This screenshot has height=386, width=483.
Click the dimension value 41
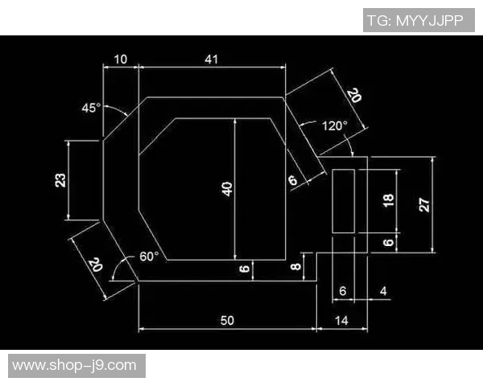(211, 59)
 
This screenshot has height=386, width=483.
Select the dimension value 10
(121, 59)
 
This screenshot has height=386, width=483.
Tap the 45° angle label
(91, 108)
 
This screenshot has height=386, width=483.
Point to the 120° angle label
(335, 126)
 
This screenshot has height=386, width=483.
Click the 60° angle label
(149, 257)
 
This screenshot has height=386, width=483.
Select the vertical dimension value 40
(227, 189)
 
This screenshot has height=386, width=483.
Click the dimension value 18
(389, 200)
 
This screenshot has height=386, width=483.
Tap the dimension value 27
(424, 205)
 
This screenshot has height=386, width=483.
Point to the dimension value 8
(296, 266)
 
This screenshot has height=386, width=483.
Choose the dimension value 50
(227, 320)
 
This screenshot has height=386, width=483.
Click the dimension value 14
(341, 320)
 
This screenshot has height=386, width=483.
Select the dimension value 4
(383, 291)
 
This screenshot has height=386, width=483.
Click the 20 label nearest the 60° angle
(95, 265)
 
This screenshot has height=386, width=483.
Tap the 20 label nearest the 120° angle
(354, 96)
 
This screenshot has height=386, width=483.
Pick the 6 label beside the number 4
(343, 291)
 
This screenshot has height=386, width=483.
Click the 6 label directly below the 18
(389, 243)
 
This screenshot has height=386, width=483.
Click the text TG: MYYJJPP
(415, 21)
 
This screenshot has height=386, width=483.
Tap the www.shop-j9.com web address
(74, 365)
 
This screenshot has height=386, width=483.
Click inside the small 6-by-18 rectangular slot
(343, 201)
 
